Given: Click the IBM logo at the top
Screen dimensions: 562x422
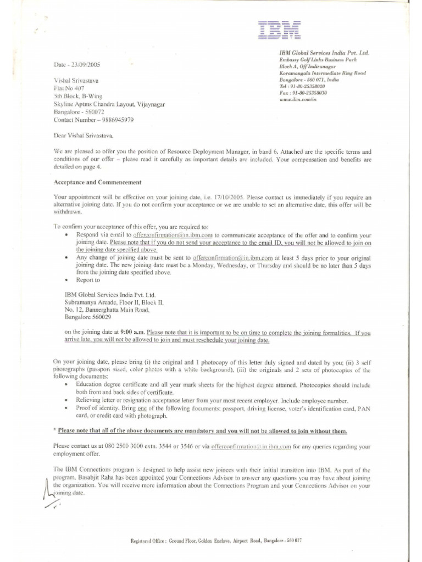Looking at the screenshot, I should pos(277,31).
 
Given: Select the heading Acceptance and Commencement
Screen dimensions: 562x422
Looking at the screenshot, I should pos(97,182).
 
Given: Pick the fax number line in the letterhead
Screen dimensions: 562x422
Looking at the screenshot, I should pos(303,93).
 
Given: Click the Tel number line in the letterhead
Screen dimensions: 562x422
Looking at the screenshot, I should pos(302,86).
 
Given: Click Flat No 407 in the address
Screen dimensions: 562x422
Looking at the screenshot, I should pos(69,88).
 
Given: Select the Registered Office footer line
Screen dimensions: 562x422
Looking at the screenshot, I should pos(216,541).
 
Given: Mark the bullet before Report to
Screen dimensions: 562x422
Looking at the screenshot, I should pos(66,280).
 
